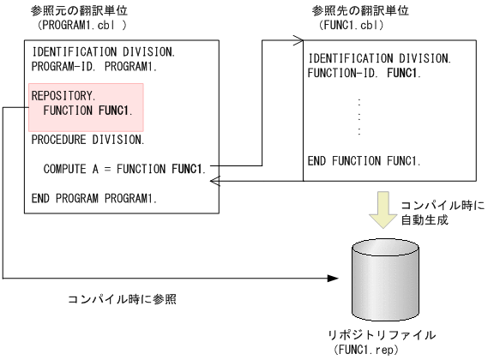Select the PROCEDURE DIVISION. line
pos(87,138)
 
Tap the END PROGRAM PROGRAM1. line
pos(94,198)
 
